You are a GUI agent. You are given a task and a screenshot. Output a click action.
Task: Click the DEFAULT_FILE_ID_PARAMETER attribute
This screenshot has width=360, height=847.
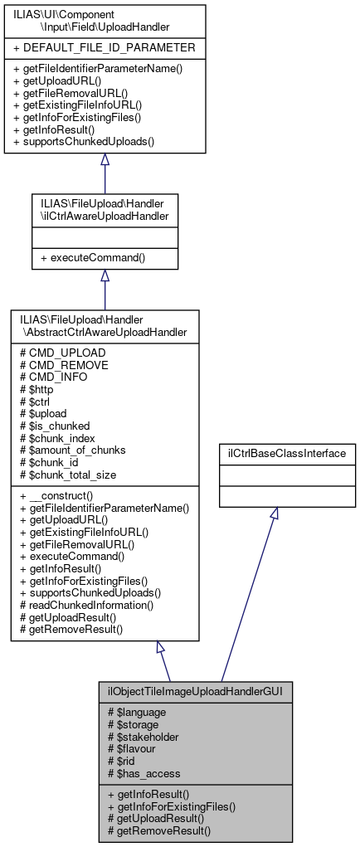(x=105, y=46)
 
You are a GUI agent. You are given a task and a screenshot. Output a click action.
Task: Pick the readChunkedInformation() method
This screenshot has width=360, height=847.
(x=92, y=605)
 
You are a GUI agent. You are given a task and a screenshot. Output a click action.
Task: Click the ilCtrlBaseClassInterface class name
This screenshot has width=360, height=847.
(x=286, y=454)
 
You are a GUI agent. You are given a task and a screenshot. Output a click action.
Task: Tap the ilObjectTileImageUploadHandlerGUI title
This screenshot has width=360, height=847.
(x=195, y=690)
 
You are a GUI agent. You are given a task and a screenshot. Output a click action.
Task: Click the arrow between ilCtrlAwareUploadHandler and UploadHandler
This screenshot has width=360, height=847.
(x=105, y=162)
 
